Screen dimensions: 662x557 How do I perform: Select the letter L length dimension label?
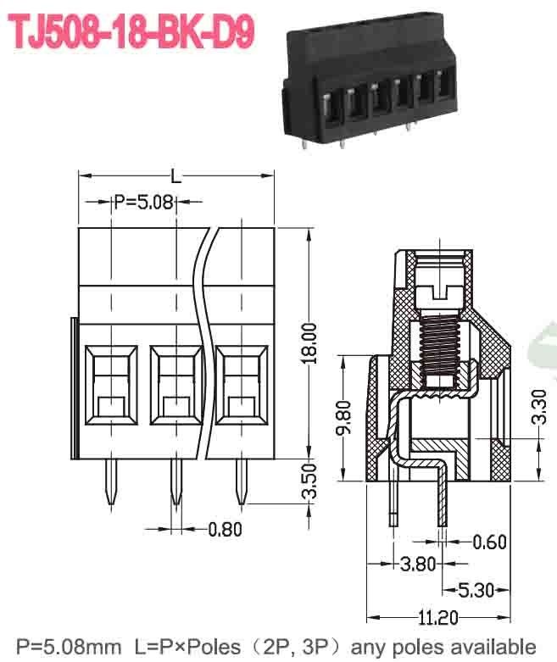coord(175,176)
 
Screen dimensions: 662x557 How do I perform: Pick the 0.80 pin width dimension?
coord(225,530)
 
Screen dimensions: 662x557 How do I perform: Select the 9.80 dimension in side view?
coord(341,417)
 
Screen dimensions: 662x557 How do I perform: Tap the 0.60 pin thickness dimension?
coord(490,541)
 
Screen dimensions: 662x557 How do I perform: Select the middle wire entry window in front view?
coord(175,386)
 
